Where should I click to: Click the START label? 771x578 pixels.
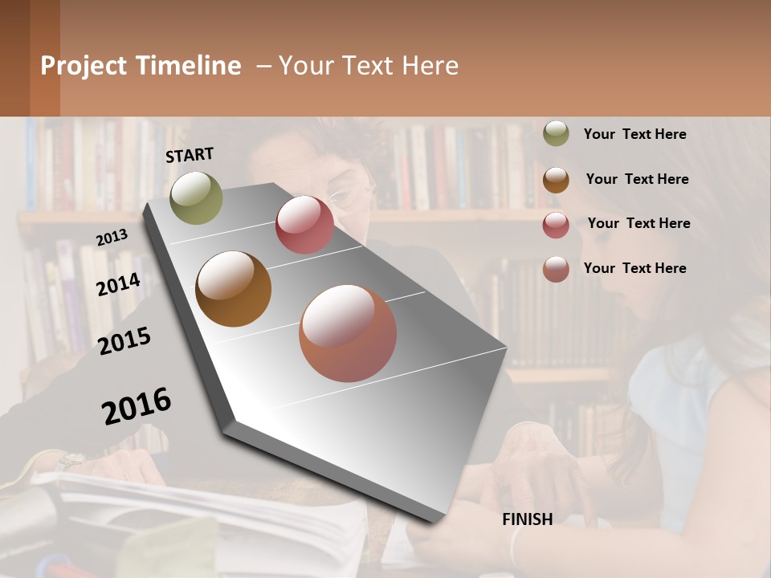click(190, 154)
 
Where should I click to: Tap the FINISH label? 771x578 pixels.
click(528, 519)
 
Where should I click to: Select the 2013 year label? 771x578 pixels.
click(112, 238)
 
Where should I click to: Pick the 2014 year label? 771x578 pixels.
click(118, 284)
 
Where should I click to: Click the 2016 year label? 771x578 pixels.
click(137, 406)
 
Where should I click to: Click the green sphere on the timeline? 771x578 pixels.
click(196, 197)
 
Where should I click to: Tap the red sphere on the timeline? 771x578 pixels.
click(304, 225)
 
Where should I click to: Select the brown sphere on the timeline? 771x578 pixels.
click(233, 289)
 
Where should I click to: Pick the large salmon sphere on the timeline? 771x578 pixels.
click(348, 333)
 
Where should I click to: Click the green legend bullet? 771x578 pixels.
click(556, 133)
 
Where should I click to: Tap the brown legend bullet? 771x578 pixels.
click(556, 179)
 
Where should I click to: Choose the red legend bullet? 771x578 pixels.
click(556, 224)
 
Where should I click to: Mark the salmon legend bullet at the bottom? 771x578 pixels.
click(556, 268)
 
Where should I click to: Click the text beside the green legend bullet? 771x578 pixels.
click(634, 134)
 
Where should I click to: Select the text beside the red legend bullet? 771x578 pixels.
click(638, 223)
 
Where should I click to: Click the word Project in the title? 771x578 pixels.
click(84, 66)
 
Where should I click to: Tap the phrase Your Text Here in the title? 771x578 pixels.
click(369, 66)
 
